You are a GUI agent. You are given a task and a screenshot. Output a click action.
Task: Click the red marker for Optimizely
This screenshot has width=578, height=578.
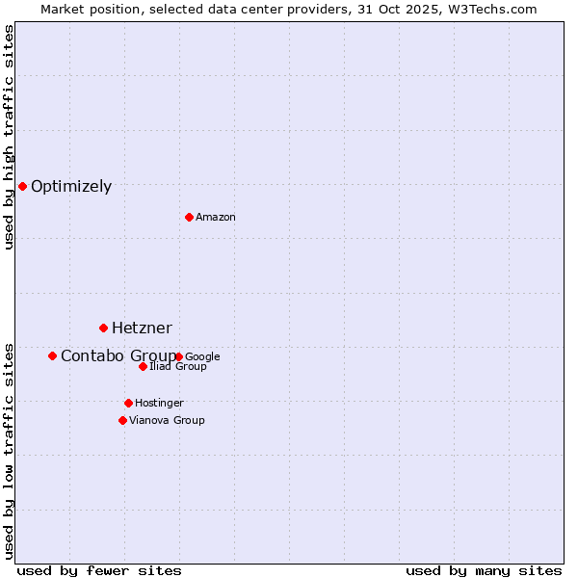click(22, 186)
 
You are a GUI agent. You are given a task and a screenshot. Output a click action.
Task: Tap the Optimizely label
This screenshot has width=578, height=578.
click(71, 187)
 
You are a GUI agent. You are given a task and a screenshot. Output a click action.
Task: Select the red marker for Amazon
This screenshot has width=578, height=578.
click(189, 217)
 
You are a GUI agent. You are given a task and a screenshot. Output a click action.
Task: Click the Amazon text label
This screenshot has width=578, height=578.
click(216, 218)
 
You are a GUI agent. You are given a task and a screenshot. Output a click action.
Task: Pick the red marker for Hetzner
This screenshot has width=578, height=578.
click(103, 328)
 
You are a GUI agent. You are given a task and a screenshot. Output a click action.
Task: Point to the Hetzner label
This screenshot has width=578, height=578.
click(142, 328)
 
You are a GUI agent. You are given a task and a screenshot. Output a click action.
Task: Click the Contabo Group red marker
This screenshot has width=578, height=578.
click(52, 355)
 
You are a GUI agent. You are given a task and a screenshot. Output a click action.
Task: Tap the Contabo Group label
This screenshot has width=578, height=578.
click(118, 356)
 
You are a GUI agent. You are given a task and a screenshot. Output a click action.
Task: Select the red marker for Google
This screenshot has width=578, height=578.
click(179, 356)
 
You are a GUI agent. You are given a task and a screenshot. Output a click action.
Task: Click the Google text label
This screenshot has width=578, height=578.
click(203, 357)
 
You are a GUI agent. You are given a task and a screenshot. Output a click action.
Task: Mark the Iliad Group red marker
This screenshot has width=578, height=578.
click(143, 366)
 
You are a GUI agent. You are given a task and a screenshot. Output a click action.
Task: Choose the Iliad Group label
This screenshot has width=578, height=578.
click(178, 367)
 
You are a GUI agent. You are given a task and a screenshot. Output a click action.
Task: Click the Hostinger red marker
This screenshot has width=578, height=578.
click(128, 403)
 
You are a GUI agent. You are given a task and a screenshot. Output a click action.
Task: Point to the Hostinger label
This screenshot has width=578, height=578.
click(159, 404)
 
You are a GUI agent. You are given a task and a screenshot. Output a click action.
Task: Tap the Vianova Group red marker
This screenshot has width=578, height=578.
click(122, 420)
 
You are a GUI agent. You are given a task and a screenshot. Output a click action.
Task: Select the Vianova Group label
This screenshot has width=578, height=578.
click(167, 421)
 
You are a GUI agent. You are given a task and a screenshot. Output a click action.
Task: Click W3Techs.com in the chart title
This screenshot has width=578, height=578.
click(498, 9)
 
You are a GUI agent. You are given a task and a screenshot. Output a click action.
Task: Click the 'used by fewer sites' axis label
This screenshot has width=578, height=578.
click(99, 571)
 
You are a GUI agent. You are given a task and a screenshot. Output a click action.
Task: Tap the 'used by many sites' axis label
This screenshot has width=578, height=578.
click(484, 571)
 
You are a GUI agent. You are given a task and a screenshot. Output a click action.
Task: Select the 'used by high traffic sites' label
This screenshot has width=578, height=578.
click(9, 137)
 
